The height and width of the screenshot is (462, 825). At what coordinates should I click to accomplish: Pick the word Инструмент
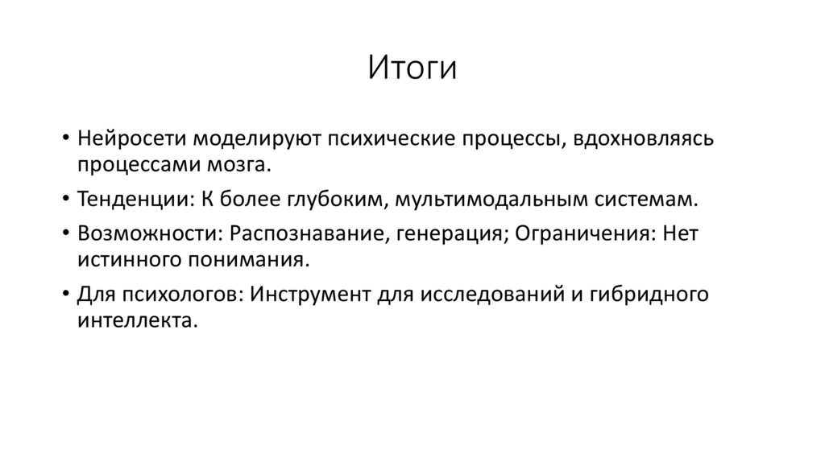tap(309, 294)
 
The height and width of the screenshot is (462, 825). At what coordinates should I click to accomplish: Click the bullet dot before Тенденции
tap(64, 199)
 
